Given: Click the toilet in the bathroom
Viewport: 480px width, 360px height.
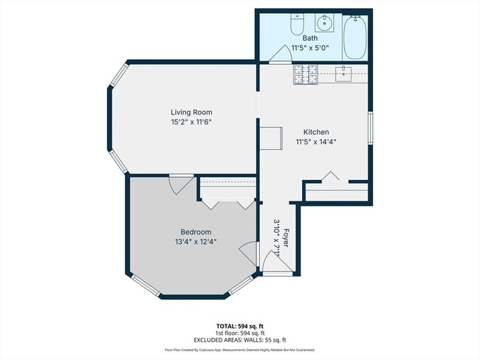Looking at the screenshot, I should (x=296, y=26).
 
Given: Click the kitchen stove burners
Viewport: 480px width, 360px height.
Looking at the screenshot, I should (x=305, y=72).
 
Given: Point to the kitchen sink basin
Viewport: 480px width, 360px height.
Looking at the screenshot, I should (x=343, y=72).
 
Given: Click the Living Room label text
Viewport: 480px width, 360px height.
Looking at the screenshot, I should (x=191, y=113).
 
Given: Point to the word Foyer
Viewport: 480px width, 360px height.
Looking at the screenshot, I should (x=286, y=240).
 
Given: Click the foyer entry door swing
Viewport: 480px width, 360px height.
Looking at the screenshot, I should (x=270, y=260).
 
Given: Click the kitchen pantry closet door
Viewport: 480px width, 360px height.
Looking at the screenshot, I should (x=330, y=177).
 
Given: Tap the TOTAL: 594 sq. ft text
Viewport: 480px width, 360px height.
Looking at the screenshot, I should (x=239, y=325).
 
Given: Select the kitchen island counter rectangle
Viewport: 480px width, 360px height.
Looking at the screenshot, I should (x=271, y=138).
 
